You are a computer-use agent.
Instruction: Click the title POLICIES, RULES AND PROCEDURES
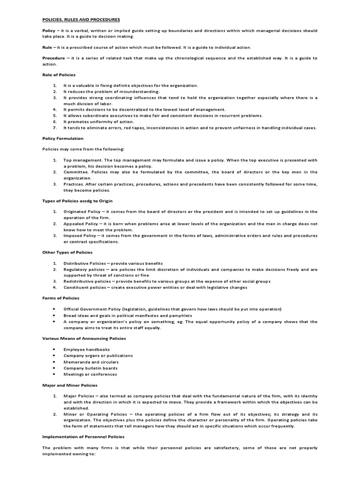81,19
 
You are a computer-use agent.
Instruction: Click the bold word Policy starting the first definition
49,30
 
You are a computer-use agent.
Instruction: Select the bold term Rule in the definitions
47,47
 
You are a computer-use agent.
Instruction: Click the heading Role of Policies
59,75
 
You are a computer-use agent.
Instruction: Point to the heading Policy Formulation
63,138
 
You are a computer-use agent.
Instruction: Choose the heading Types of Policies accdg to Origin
78,201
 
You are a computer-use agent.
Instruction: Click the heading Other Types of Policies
67,252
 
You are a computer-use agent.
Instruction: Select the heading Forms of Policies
60,298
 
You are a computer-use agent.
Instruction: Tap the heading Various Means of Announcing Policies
84,338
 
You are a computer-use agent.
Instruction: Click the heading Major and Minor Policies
70,385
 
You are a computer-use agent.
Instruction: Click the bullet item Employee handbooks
87,350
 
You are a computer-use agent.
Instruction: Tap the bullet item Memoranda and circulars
91,362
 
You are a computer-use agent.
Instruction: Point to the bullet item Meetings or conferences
90,374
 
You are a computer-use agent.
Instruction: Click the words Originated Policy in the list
82,212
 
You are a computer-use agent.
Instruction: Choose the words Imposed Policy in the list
80,235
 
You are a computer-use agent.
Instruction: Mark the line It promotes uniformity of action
96,121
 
